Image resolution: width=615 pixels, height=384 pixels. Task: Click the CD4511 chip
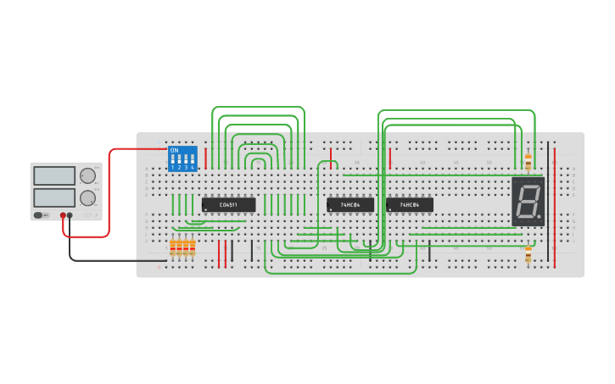pyautogui.click(x=228, y=204)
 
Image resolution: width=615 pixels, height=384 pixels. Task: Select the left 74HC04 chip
pyautogui.click(x=350, y=204)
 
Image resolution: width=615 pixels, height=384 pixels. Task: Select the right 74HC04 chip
pyautogui.click(x=410, y=204)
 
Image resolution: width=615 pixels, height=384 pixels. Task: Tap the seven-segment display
pyautogui.click(x=528, y=202)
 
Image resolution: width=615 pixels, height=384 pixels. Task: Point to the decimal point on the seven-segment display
pyautogui.click(x=540, y=219)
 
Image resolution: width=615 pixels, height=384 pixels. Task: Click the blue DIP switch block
pyautogui.click(x=182, y=159)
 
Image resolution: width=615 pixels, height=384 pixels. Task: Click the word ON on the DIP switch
pyautogui.click(x=174, y=151)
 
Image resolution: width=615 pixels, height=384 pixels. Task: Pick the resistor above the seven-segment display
pyautogui.click(x=528, y=161)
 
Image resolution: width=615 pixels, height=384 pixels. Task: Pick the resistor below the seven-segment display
pyautogui.click(x=528, y=254)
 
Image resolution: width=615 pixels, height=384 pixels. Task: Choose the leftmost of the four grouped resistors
pyautogui.click(x=172, y=247)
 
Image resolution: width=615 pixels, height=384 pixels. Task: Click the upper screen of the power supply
pyautogui.click(x=54, y=176)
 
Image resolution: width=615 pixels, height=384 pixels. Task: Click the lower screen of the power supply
pyautogui.click(x=54, y=198)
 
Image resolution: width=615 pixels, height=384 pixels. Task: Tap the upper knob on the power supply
pyautogui.click(x=87, y=176)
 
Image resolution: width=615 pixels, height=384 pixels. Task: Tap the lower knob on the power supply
pyautogui.click(x=87, y=198)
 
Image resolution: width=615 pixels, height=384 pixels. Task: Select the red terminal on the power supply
pyautogui.click(x=63, y=215)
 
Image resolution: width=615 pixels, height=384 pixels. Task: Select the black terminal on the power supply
pyautogui.click(x=70, y=215)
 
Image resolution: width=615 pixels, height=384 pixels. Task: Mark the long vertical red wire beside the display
pyautogui.click(x=555, y=203)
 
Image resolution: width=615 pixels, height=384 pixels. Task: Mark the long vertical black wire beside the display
pyautogui.click(x=548, y=203)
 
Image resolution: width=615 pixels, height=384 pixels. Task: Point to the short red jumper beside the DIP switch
pyautogui.click(x=205, y=156)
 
